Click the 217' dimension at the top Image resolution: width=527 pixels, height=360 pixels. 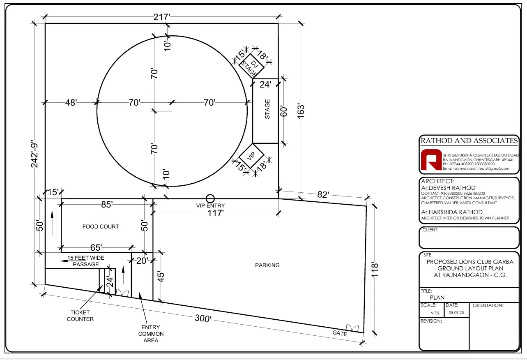click(x=161, y=17)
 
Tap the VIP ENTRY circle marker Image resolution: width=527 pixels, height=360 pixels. click(x=210, y=198)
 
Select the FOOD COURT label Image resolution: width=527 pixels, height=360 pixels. click(x=101, y=226)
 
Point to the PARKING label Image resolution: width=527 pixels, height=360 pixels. click(x=267, y=265)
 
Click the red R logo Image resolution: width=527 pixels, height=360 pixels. click(x=431, y=159)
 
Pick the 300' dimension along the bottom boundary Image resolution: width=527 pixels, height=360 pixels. click(x=203, y=318)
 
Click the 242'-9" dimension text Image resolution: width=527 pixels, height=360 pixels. click(x=35, y=155)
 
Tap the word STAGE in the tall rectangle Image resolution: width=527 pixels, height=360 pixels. click(x=267, y=109)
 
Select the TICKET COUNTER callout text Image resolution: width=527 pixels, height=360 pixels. click(x=80, y=316)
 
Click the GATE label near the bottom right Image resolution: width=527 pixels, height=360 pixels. click(x=340, y=333)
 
